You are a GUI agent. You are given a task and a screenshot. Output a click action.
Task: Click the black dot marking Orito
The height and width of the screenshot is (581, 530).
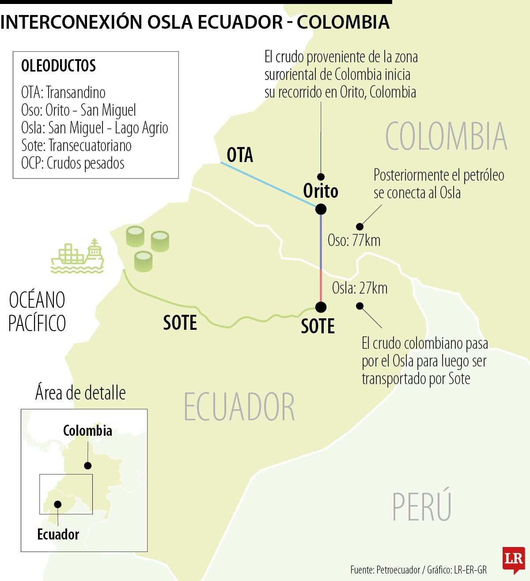[321, 209]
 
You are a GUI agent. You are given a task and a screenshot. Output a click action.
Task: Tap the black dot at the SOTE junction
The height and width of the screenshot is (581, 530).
[321, 307]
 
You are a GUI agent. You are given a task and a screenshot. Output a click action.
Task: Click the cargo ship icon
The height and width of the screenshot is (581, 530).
[78, 256]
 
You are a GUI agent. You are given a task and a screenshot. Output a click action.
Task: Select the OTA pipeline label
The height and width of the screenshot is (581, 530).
[240, 155]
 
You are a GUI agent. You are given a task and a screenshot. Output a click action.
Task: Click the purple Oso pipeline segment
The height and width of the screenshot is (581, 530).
[321, 241]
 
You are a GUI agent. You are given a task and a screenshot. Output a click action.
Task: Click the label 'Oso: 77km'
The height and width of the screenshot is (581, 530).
[354, 241]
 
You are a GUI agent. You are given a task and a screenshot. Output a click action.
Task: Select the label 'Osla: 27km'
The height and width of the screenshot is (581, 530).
[360, 288]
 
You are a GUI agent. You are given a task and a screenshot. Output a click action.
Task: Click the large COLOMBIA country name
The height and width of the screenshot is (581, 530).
[446, 137]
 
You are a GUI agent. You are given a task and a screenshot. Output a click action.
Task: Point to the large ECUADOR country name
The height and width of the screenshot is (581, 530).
[239, 407]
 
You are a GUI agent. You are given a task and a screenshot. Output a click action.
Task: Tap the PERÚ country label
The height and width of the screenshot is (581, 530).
[422, 507]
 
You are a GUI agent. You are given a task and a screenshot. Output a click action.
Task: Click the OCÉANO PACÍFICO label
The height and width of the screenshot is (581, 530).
[37, 312]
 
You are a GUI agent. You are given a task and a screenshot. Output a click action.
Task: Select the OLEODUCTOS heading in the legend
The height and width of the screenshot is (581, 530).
[58, 66]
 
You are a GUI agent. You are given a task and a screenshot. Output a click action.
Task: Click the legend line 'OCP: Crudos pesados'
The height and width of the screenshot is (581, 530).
[73, 163]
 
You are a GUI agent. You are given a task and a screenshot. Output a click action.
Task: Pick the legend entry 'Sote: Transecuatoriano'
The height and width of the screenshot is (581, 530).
[76, 146]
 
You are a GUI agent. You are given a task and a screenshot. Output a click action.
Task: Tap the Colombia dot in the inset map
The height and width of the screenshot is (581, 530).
[88, 465]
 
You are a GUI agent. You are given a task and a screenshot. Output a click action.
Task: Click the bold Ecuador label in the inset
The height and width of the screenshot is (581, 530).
[58, 535]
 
